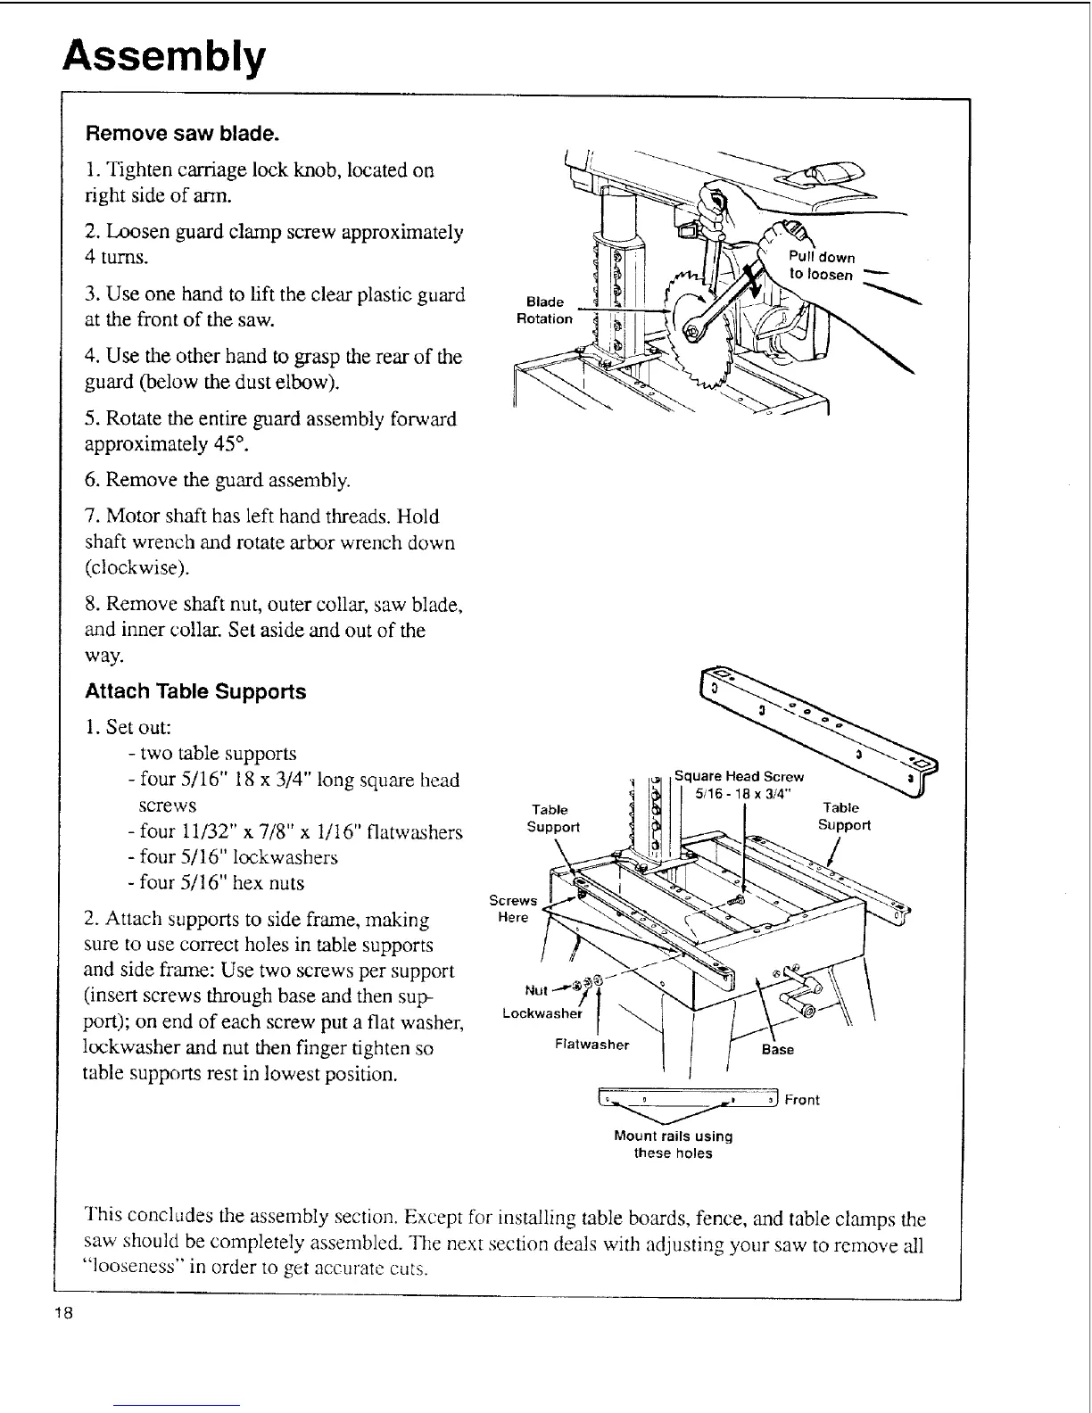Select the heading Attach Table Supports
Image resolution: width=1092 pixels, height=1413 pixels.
(195, 691)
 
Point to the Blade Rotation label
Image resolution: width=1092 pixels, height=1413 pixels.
(544, 310)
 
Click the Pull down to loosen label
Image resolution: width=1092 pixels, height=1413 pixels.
(822, 266)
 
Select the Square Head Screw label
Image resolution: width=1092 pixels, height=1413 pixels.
(739, 775)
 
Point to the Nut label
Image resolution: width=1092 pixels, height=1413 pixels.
(536, 989)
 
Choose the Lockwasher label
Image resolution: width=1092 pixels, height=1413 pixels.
(542, 1013)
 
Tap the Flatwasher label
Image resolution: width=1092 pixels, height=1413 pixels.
(591, 1044)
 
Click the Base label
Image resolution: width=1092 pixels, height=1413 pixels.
(777, 1049)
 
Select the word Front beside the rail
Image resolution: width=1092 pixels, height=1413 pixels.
(802, 1100)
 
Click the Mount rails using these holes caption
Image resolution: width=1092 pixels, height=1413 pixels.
(673, 1144)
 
